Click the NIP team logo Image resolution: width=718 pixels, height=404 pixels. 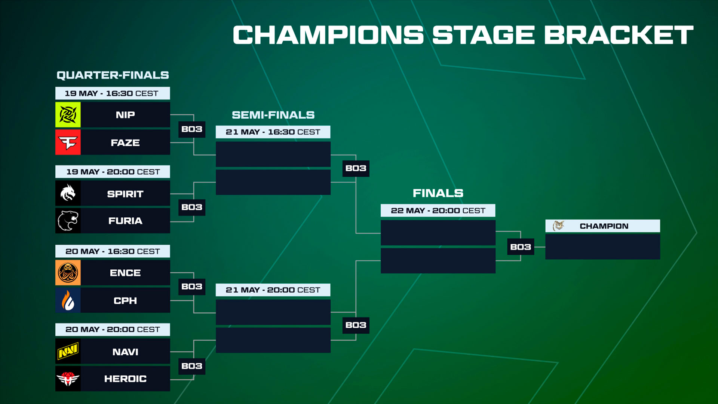pyautogui.click(x=68, y=115)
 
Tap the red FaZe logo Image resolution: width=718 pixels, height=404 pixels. pyautogui.click(x=68, y=142)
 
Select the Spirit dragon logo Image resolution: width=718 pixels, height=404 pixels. pyautogui.click(x=68, y=193)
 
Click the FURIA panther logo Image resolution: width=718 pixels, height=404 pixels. pyautogui.click(x=68, y=221)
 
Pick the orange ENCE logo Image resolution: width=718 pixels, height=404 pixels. pyautogui.click(x=68, y=273)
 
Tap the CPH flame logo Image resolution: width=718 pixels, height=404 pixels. pyautogui.click(x=68, y=300)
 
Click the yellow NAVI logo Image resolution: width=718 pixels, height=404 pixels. pyautogui.click(x=68, y=351)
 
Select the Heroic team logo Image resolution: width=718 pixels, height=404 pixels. pyautogui.click(x=68, y=379)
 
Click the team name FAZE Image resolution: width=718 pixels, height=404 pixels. pyautogui.click(x=125, y=143)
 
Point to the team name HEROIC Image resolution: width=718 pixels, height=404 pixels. pyautogui.click(x=125, y=379)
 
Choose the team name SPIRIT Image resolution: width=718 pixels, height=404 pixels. pyautogui.click(x=125, y=194)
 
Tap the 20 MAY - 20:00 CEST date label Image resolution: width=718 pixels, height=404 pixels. pyautogui.click(x=113, y=330)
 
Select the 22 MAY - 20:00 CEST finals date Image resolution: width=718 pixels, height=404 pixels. pyautogui.click(x=438, y=211)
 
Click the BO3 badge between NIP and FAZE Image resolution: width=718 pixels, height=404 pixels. pyautogui.click(x=192, y=129)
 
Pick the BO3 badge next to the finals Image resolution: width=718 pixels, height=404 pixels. pyautogui.click(x=521, y=247)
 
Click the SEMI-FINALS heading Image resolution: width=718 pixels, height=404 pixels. pyautogui.click(x=273, y=115)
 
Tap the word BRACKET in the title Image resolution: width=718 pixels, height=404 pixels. pyautogui.click(x=619, y=35)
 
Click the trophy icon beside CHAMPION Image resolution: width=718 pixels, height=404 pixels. pyautogui.click(x=558, y=226)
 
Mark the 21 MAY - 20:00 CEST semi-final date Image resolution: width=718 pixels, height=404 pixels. pyautogui.click(x=273, y=290)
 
